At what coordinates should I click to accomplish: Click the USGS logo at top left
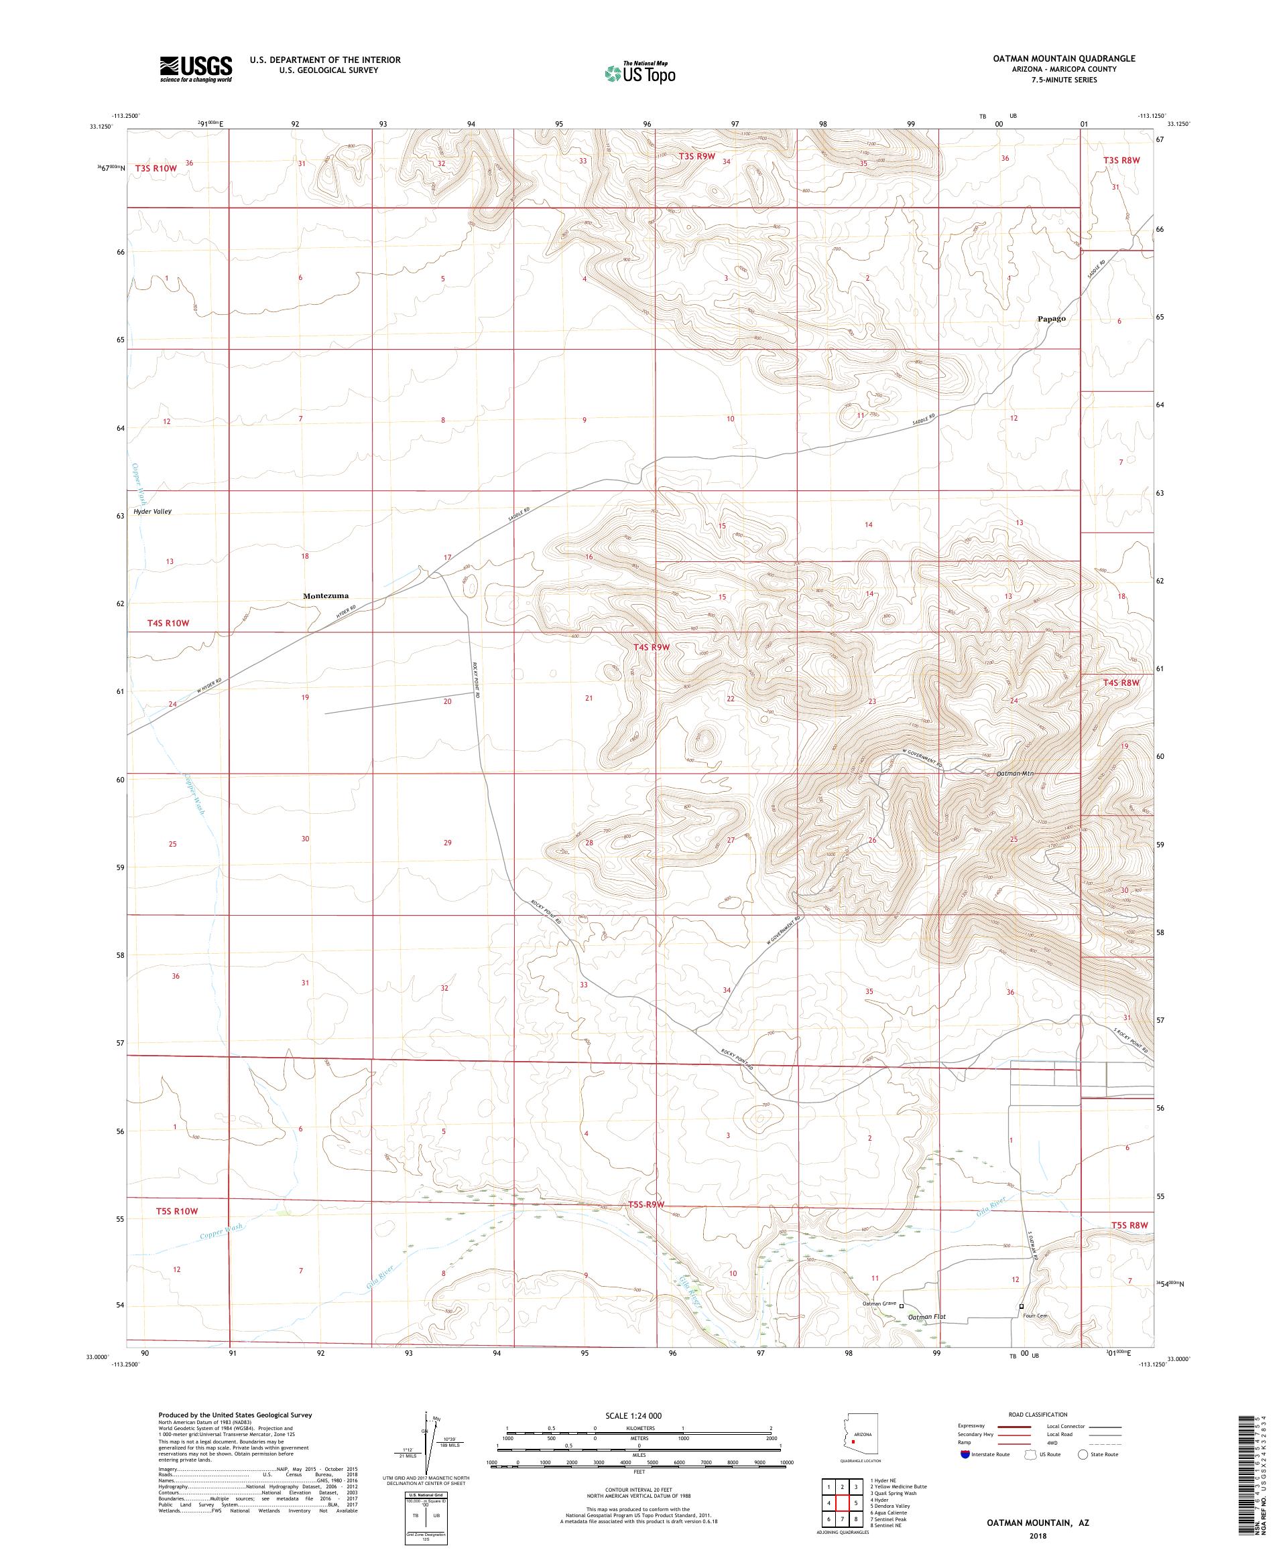196,69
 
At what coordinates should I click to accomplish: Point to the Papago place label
1051,319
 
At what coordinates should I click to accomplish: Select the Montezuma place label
325,595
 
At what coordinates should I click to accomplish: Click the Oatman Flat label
926,1317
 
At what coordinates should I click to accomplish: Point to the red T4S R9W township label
651,647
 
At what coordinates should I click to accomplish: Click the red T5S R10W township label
177,1211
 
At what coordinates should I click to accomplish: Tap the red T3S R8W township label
1119,159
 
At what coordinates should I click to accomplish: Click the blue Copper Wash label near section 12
221,1230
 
